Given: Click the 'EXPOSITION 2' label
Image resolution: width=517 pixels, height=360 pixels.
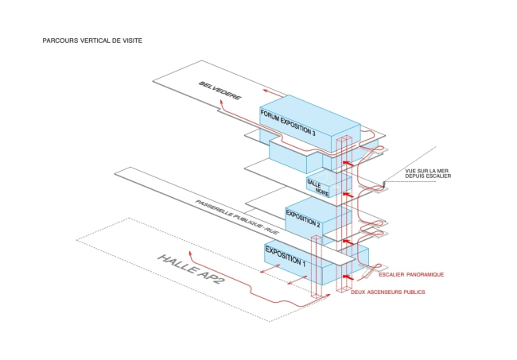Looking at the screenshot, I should point(303,219).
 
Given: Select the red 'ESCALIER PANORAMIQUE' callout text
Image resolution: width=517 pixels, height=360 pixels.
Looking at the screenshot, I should point(411,274).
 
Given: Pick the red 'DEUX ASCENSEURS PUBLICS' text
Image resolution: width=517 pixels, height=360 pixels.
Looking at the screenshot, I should point(387,292).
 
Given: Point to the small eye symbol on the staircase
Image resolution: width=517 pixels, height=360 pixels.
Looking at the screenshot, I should point(385,184).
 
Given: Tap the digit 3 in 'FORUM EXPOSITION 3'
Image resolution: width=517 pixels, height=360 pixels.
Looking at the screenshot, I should point(314,134).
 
